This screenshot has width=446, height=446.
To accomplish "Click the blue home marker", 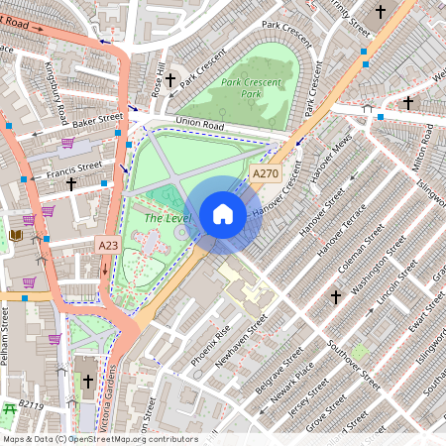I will [223, 213].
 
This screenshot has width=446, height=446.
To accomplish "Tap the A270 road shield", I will [265, 173].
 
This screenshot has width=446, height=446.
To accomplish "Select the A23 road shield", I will [109, 244].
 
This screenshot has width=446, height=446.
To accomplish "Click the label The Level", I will [166, 217].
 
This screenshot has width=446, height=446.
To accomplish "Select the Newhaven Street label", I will [244, 343].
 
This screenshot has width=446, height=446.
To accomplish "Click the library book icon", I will [16, 235].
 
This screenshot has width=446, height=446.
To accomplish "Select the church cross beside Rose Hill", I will [170, 78].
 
